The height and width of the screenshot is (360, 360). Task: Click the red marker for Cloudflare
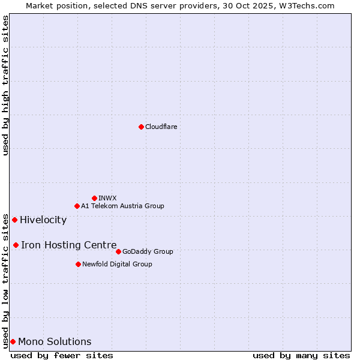tap(141, 127)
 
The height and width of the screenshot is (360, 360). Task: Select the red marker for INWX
tap(94, 198)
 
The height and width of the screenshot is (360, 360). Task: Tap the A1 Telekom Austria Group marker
tap(77, 206)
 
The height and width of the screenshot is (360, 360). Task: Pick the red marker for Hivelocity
tap(14, 220)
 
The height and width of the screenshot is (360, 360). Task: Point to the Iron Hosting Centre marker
tap(16, 245)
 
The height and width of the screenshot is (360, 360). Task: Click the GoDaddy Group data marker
tap(118, 251)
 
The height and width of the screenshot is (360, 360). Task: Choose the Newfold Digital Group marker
tap(78, 264)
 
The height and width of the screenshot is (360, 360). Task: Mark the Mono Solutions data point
tap(13, 341)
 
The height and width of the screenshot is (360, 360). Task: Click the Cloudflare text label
tap(161, 127)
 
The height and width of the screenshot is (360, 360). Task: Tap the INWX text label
tap(107, 198)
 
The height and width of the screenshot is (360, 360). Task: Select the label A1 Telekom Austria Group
tap(122, 206)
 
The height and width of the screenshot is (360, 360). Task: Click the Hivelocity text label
tap(43, 220)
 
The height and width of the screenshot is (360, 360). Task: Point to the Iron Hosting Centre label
tap(68, 245)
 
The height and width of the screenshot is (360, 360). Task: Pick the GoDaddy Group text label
tap(148, 251)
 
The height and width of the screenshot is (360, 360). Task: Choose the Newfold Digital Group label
tap(117, 264)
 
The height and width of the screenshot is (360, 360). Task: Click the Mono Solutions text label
tap(55, 341)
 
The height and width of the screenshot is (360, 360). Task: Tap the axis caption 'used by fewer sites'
tap(62, 355)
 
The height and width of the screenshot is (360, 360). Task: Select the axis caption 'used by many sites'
tap(301, 355)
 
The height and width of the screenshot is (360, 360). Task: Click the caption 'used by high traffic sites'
tap(5, 85)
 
